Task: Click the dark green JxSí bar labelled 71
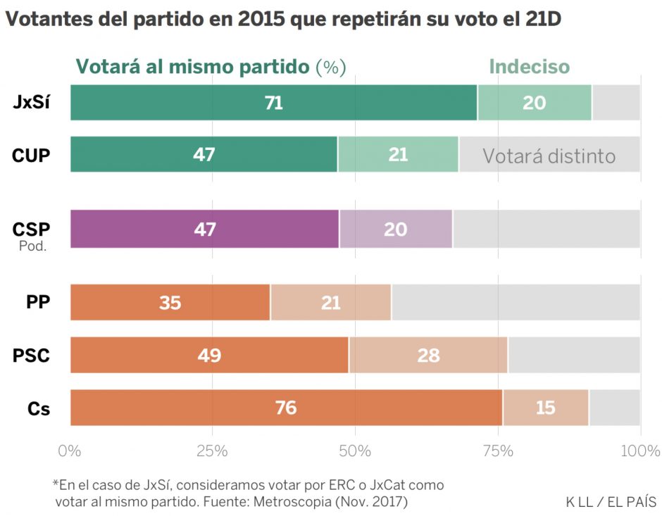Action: tap(273, 103)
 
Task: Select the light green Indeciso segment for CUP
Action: tap(398, 155)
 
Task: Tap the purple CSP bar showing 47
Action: tap(204, 229)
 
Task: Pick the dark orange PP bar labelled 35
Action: tap(170, 303)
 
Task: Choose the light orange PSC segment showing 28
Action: tap(428, 355)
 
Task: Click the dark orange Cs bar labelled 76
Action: tap(286, 408)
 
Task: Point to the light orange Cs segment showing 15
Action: tap(546, 408)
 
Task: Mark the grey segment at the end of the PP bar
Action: tap(516, 303)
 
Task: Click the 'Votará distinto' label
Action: tap(549, 156)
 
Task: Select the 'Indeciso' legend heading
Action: tap(529, 67)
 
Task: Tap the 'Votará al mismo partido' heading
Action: tap(192, 67)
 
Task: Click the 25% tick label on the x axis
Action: tap(213, 451)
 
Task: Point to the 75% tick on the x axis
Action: tap(497, 451)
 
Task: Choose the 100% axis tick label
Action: tap(639, 451)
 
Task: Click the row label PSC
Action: tap(32, 355)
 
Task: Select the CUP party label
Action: tap(32, 156)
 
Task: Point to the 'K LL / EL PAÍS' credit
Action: tap(611, 502)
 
